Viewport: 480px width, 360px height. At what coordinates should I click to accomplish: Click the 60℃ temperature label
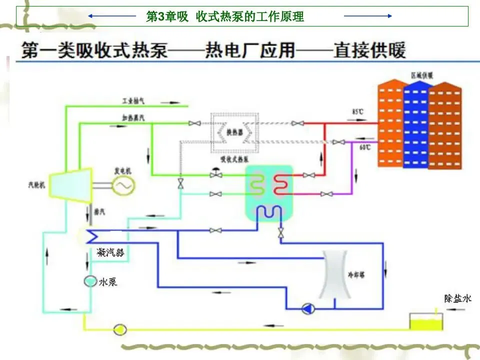pyautogui.click(x=364, y=147)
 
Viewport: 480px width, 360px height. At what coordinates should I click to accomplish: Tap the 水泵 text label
pyautogui.click(x=108, y=282)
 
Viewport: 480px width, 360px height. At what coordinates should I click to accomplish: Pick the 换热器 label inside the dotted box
pyautogui.click(x=234, y=132)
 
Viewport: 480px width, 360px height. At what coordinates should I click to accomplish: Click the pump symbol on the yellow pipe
pyautogui.click(x=120, y=329)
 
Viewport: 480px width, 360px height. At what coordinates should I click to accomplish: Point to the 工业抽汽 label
pyautogui.click(x=134, y=101)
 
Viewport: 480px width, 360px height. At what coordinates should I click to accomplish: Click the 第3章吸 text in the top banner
pyautogui.click(x=167, y=17)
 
